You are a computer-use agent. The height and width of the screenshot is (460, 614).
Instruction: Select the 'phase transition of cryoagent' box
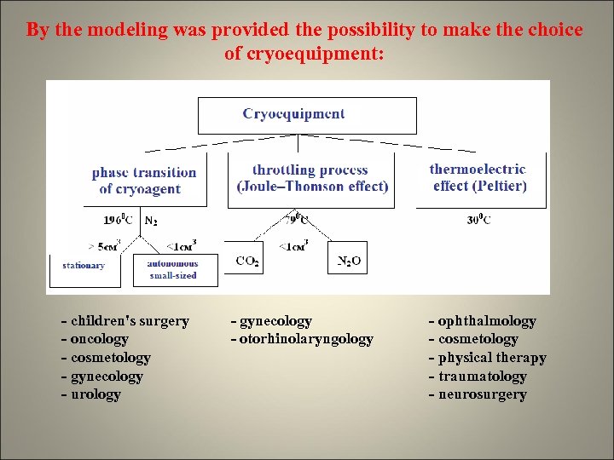click(x=144, y=180)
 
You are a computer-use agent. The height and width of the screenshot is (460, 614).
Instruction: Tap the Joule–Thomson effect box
click(x=311, y=179)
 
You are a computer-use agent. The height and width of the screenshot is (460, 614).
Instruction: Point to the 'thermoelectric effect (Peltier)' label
click(x=478, y=178)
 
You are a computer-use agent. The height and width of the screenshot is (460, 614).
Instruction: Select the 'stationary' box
click(x=84, y=266)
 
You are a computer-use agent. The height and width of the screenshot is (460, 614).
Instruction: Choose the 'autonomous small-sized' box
click(x=172, y=270)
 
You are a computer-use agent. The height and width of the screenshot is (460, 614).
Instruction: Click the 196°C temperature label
click(x=120, y=220)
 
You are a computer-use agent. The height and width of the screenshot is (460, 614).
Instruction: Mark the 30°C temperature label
click(x=478, y=220)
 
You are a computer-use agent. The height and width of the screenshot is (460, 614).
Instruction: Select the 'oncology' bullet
click(x=95, y=339)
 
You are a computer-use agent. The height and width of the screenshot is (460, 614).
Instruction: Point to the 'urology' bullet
click(x=90, y=394)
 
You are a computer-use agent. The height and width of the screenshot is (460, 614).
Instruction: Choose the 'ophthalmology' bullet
click(x=482, y=321)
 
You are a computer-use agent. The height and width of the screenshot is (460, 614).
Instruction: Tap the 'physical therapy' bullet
click(x=487, y=358)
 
